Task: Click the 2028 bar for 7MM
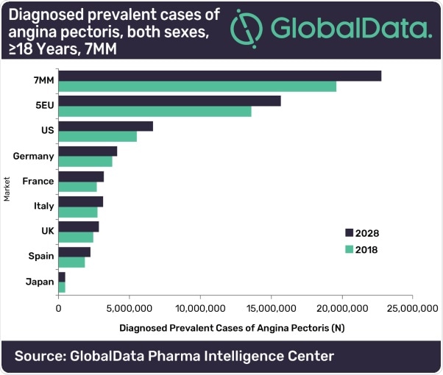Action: pos(219,76)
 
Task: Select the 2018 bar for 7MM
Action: pos(197,87)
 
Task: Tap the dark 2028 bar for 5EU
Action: pos(169,101)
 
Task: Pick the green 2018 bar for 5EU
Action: pos(155,112)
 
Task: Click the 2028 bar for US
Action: pos(105,126)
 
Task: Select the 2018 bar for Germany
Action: pos(85,162)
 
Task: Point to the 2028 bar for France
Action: pos(81,176)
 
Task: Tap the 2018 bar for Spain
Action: pos(71,262)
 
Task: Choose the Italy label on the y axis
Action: pos(43,206)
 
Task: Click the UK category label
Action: pos(46,231)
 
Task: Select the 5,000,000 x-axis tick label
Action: pos(129,309)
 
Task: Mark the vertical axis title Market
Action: pos(7,184)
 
